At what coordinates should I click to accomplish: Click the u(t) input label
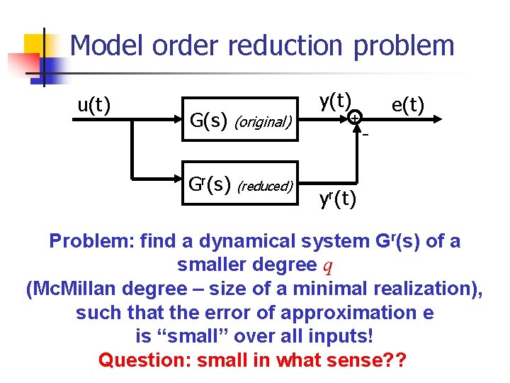click(x=93, y=106)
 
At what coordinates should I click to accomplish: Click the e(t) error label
click(x=407, y=106)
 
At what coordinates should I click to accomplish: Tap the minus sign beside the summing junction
click(x=366, y=135)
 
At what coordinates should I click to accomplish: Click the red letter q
click(x=328, y=266)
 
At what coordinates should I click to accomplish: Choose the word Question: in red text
click(x=144, y=360)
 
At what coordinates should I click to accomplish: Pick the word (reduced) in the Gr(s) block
click(x=265, y=186)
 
